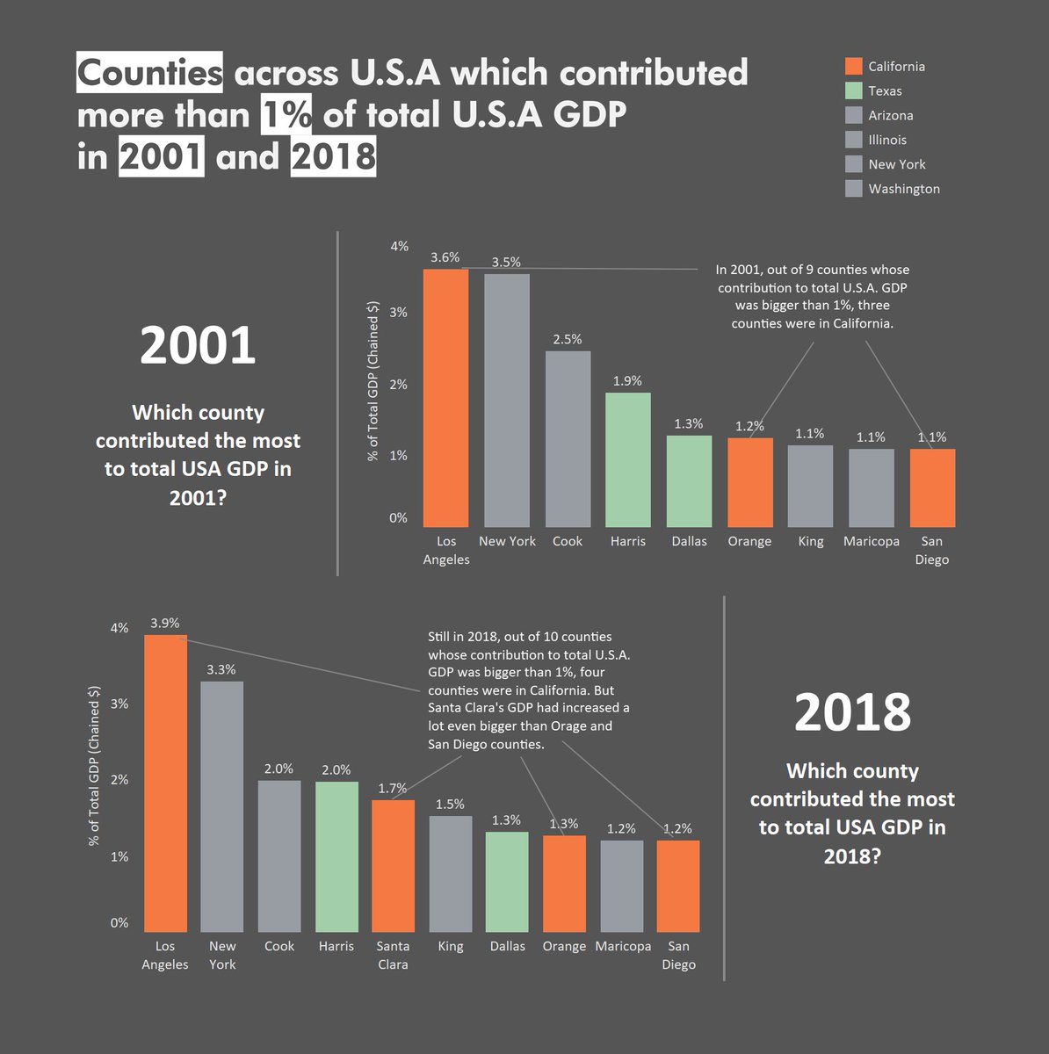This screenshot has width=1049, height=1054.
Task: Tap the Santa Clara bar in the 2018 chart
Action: (x=393, y=865)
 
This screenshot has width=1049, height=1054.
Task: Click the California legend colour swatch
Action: (x=853, y=67)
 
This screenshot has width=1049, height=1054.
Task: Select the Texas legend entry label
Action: (x=885, y=91)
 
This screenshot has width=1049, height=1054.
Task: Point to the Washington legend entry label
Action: (x=904, y=189)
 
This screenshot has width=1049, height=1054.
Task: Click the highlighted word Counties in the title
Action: (x=150, y=73)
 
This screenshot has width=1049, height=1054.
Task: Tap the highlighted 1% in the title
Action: (x=286, y=116)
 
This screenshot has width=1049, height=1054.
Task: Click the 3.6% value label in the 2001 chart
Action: (x=445, y=257)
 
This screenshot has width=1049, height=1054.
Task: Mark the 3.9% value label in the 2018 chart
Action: (x=164, y=623)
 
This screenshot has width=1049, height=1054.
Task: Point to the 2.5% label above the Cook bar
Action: (x=567, y=339)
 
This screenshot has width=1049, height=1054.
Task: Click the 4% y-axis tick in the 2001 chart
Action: (x=399, y=246)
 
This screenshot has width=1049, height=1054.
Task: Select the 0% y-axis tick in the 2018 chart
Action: (x=119, y=922)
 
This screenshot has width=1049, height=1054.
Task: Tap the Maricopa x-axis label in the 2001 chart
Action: (x=871, y=541)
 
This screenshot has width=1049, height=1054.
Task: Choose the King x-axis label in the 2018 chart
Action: (x=451, y=946)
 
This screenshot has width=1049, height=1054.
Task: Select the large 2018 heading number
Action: (x=852, y=711)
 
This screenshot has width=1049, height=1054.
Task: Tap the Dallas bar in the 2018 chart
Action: (x=507, y=881)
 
